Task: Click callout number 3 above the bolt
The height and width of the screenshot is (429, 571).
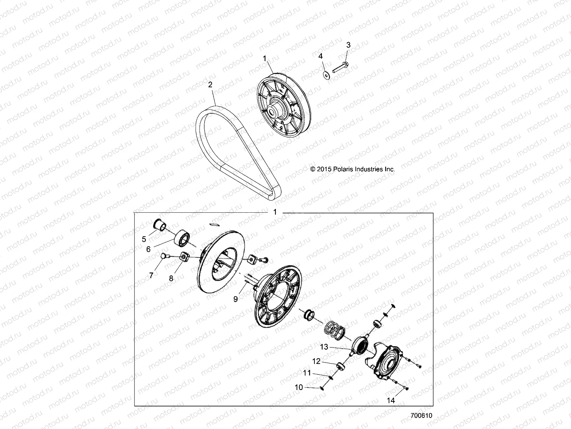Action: (x=348, y=45)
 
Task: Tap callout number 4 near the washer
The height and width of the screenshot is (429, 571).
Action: (x=320, y=56)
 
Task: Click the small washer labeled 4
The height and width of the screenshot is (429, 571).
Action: (x=327, y=75)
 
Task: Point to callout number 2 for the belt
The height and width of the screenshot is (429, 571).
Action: (x=210, y=84)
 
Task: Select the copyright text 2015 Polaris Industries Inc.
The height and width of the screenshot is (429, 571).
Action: (x=353, y=169)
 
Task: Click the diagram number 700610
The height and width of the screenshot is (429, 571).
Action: (x=421, y=415)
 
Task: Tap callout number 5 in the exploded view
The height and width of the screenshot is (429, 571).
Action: (x=144, y=239)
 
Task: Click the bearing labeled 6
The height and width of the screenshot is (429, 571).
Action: (x=182, y=238)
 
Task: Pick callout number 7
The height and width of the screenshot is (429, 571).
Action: (x=151, y=275)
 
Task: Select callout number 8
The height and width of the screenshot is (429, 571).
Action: (x=171, y=278)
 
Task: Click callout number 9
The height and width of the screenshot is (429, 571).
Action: (x=236, y=299)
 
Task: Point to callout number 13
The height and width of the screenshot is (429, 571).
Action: (x=324, y=347)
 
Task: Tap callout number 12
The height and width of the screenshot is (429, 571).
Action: (x=316, y=361)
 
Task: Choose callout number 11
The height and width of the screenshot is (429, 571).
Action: (x=307, y=373)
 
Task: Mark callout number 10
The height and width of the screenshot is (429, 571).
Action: (x=299, y=387)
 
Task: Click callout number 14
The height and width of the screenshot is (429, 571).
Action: (x=391, y=400)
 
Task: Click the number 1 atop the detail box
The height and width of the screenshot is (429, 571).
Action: (x=275, y=212)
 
